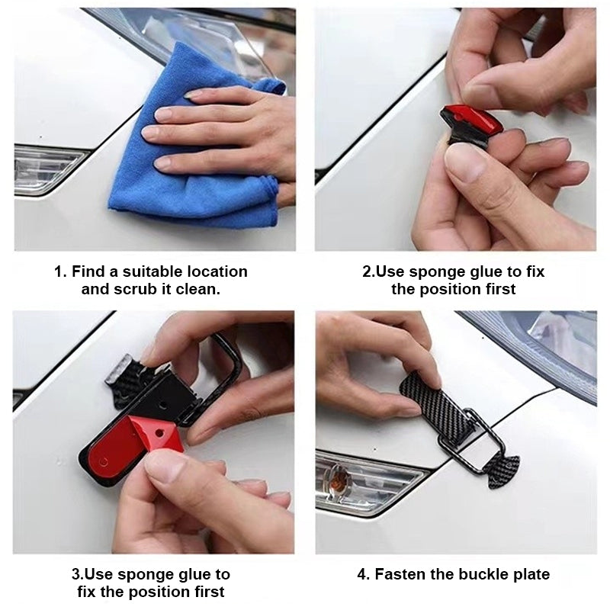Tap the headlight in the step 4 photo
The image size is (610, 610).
[x=549, y=343]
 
